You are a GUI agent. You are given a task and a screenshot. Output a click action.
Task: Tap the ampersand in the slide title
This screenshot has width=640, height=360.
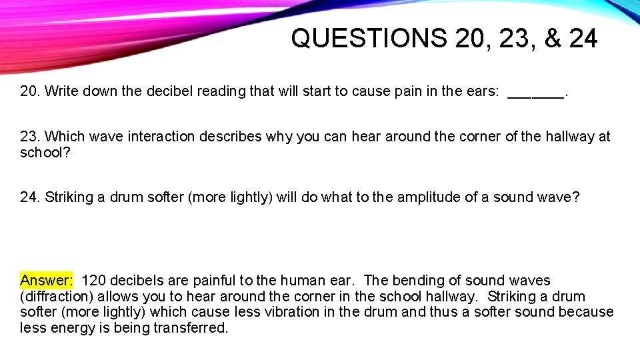(x=553, y=39)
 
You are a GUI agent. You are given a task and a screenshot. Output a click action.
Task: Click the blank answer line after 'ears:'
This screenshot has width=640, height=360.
(x=535, y=93)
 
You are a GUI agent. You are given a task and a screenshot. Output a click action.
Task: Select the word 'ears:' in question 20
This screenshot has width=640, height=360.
(x=482, y=91)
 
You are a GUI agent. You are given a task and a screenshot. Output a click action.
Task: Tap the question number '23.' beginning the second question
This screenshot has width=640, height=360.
(x=30, y=137)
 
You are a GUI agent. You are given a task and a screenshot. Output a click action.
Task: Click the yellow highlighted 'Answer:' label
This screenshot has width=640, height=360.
(x=47, y=281)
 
